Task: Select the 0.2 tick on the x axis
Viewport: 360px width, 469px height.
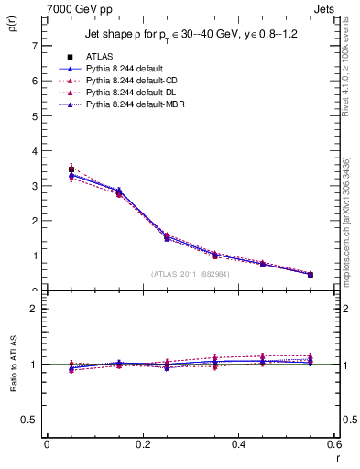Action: coord(142,444)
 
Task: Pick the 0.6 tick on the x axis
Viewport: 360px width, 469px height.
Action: coord(333,444)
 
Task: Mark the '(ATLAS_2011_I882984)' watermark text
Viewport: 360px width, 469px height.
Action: coord(190,273)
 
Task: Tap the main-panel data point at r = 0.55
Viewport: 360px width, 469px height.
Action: coord(311,274)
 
